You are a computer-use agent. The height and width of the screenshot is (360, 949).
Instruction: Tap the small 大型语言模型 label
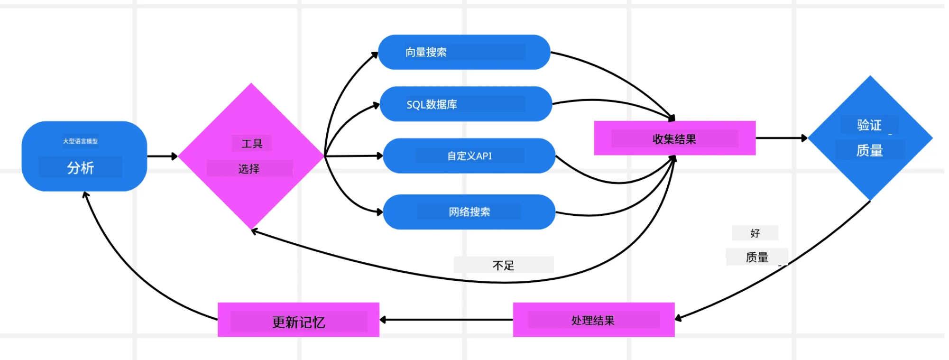pyautogui.click(x=80, y=141)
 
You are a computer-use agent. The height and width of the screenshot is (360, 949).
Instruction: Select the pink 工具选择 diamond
pyautogui.click(x=251, y=156)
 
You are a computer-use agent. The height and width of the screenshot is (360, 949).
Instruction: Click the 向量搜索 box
pyautogui.click(x=464, y=52)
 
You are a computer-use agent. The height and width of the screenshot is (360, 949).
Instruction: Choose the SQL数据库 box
pyautogui.click(x=466, y=104)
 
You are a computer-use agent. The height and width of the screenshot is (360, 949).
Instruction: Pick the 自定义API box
pyautogui.click(x=469, y=156)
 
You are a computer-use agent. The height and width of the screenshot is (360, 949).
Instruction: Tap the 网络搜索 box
pyautogui.click(x=469, y=212)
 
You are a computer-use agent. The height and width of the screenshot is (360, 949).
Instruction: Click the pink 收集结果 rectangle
pyautogui.click(x=674, y=138)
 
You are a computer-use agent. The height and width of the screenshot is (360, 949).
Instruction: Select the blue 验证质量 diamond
pyautogui.click(x=870, y=138)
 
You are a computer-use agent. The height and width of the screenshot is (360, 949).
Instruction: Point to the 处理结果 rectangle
pyautogui.click(x=593, y=320)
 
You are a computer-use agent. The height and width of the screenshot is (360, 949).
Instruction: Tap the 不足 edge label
pyautogui.click(x=503, y=265)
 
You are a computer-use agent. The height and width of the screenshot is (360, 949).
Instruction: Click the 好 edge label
pyautogui.click(x=755, y=233)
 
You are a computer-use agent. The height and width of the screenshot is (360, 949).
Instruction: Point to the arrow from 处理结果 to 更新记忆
pyautogui.click(x=446, y=320)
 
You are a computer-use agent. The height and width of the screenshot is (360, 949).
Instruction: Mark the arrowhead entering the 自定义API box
pyautogui.click(x=380, y=156)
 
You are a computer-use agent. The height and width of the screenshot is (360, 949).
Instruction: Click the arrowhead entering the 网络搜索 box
pyautogui.click(x=380, y=212)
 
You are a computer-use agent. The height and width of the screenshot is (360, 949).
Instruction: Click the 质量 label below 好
pyautogui.click(x=757, y=258)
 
